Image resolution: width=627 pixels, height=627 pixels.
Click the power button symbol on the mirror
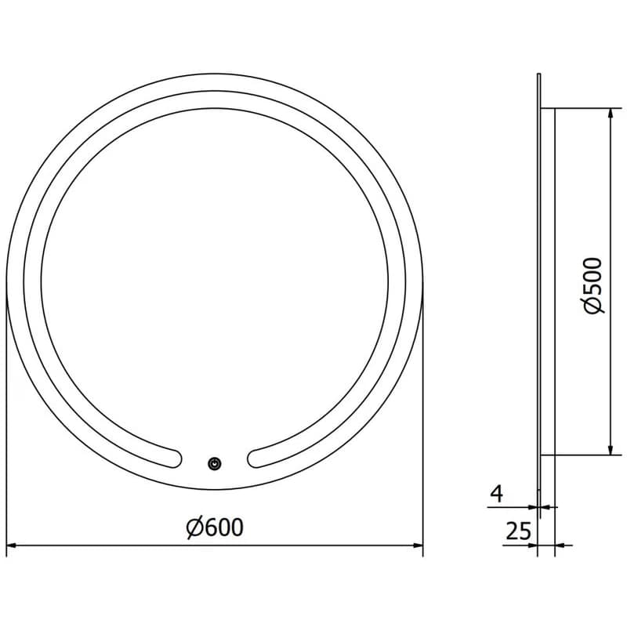pyautogui.click(x=215, y=463)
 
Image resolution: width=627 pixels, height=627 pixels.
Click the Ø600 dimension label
pyautogui.click(x=215, y=527)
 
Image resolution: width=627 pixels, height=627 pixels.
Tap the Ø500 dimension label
pyautogui.click(x=593, y=285)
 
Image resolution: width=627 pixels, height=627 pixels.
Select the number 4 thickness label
pyautogui.click(x=497, y=494)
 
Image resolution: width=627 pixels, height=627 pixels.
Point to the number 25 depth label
pyautogui.click(x=519, y=531)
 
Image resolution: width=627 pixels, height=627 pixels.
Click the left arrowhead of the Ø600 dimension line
pyautogui.click(x=11, y=545)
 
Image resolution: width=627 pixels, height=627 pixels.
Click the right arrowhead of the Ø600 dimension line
pyautogui.click(x=418, y=545)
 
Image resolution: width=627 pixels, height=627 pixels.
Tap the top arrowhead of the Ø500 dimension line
pyautogui.click(x=611, y=113)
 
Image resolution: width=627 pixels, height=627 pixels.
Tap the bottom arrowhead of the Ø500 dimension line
pyautogui.click(x=611, y=450)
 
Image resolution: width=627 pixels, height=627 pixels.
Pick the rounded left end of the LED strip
pyautogui.click(x=175, y=458)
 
